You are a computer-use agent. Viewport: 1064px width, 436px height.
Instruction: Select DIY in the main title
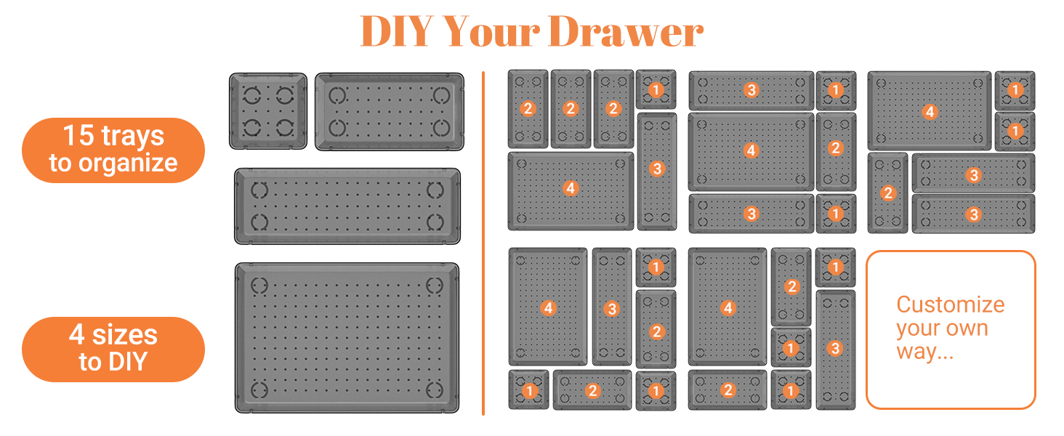coord(395,33)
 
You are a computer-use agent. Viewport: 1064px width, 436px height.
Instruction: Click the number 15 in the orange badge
coord(78,136)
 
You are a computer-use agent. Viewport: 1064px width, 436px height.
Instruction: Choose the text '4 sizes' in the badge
coord(113,335)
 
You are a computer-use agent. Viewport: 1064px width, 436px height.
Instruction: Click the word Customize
coord(950,304)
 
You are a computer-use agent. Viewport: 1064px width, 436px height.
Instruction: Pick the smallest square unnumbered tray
coord(267,111)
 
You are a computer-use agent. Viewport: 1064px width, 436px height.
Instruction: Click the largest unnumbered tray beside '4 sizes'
coord(347,338)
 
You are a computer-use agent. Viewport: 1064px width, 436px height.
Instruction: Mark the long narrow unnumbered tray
coord(347,206)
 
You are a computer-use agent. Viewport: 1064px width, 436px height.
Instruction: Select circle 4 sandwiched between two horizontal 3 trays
coord(751,150)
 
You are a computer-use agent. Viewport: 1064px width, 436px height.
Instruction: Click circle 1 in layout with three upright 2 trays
coord(656,89)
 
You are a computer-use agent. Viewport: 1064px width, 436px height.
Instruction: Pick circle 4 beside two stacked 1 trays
coord(929,112)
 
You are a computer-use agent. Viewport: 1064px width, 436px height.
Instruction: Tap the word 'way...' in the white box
coord(924,353)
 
